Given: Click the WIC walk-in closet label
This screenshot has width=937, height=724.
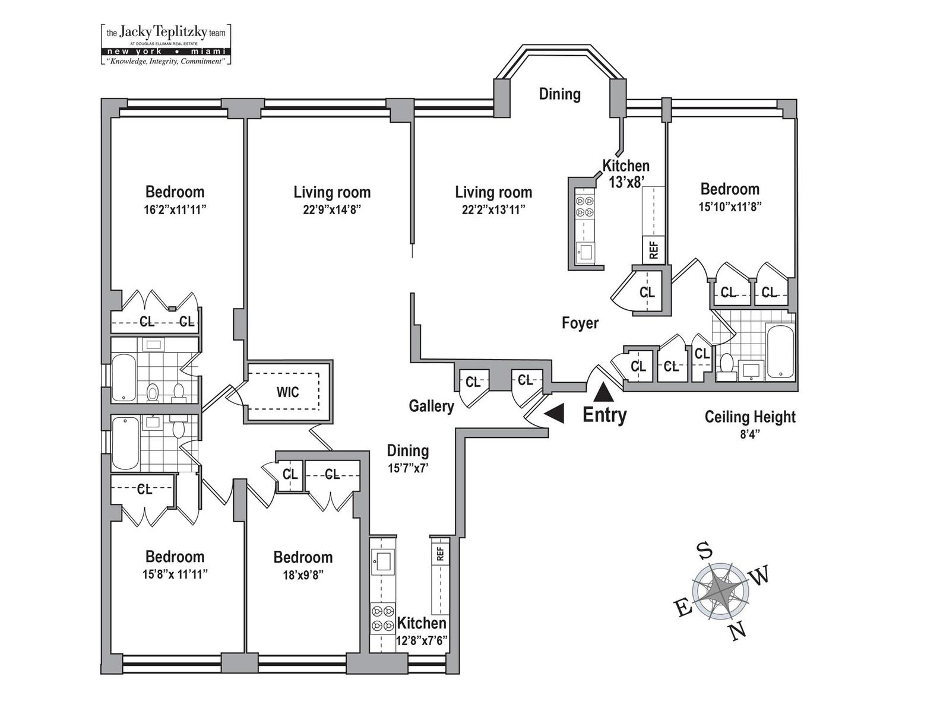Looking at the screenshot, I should coord(287,392).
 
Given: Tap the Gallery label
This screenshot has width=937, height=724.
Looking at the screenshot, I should coord(431,407).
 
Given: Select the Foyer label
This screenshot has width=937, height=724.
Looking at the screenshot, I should coord(580,323).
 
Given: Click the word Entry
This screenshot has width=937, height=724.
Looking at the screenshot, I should coord(604,415).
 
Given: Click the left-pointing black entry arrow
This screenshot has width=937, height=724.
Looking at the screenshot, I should coord(555,414).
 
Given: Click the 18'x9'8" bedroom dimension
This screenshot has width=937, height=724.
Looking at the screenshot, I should coord(303,574).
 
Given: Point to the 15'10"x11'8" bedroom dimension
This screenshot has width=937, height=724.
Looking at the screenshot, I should coord(730,206).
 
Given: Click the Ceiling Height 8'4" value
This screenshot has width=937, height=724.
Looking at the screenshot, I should coord(750,433).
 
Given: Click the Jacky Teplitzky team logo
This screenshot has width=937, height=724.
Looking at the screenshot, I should coord(166,44).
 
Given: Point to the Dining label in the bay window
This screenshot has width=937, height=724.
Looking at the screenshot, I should coord(559,94).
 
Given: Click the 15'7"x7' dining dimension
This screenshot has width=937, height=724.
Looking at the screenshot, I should coord(408,468).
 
